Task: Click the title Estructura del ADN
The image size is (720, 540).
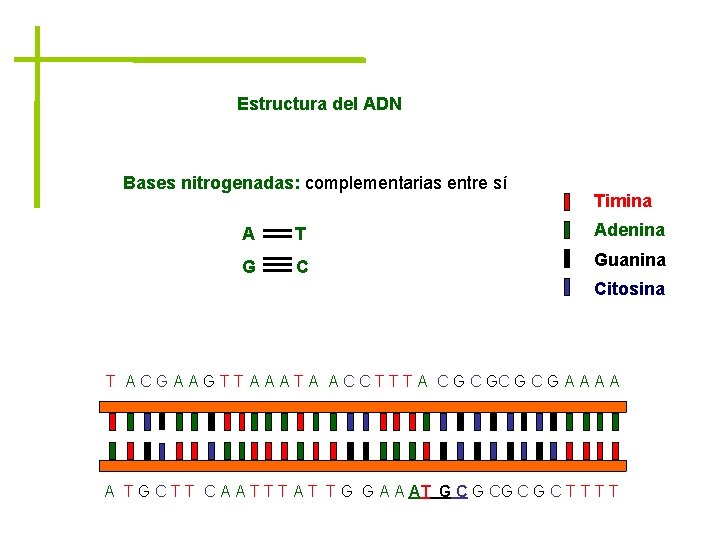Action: click(x=319, y=104)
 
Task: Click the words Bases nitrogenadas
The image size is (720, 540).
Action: click(x=210, y=183)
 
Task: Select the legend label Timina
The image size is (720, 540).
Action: click(x=622, y=201)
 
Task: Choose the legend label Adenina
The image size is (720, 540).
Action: click(x=629, y=230)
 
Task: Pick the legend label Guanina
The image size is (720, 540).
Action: click(x=629, y=259)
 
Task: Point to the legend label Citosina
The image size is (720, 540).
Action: click(x=629, y=289)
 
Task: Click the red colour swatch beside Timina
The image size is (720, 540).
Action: click(x=567, y=201)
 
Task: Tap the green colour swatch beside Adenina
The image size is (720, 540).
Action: click(x=567, y=230)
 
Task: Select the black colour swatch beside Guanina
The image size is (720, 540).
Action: click(x=567, y=259)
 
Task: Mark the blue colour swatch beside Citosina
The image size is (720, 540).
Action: click(x=567, y=288)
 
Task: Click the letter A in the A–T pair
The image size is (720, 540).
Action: click(x=248, y=235)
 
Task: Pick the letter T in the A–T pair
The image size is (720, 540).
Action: click(x=300, y=235)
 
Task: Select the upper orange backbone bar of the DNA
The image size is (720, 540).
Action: click(x=363, y=406)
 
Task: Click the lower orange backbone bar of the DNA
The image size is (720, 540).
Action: click(x=363, y=465)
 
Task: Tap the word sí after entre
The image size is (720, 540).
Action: click(x=498, y=183)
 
